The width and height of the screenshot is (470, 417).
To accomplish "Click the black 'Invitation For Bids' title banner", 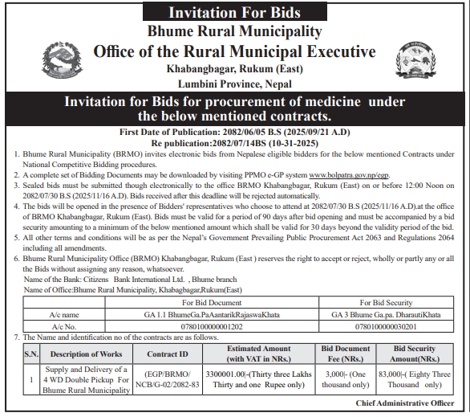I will click(234, 12).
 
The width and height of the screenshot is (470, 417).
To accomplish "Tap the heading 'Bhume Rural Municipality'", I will click(234, 31).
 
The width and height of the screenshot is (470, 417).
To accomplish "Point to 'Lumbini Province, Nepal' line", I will click(233, 83).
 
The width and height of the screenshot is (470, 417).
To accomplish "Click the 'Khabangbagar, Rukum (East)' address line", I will click(233, 69).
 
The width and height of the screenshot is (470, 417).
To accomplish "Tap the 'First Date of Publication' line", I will click(234, 131).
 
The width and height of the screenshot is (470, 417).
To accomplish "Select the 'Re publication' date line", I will click(234, 141).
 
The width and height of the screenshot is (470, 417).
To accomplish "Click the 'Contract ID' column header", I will click(168, 353).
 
